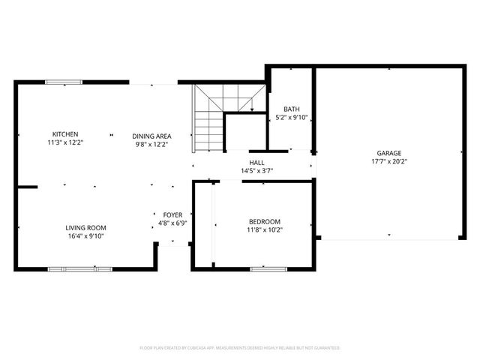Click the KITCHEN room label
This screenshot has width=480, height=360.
[64, 134]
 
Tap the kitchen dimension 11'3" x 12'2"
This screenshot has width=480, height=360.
[64, 142]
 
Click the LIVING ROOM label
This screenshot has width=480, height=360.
[85, 227]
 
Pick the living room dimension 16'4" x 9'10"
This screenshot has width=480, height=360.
[85, 236]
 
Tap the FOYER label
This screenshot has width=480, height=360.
[172, 214]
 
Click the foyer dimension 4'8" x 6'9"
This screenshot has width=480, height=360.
[172, 223]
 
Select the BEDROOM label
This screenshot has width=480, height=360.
[265, 221]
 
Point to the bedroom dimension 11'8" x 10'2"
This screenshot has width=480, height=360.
[265, 229]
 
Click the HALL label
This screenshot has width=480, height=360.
[256, 162]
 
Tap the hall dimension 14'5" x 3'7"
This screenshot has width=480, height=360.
[256, 171]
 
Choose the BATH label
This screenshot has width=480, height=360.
[292, 109]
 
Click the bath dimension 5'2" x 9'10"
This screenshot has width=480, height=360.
[292, 118]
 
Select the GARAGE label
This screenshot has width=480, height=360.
[389, 152]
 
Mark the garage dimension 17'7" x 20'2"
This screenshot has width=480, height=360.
[389, 161]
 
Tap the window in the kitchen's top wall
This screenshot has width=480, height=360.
[64, 82]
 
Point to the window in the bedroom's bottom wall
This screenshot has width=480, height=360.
[268, 268]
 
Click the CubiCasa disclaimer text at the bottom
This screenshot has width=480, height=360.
[240, 348]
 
